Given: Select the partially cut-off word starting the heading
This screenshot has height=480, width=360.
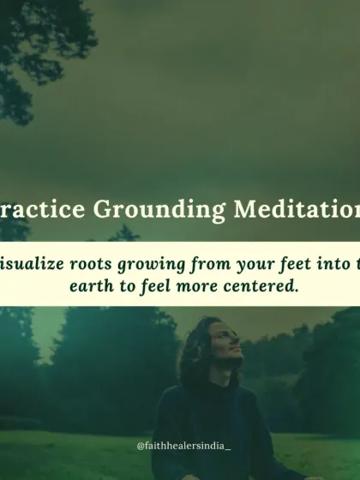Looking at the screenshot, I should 38,209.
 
